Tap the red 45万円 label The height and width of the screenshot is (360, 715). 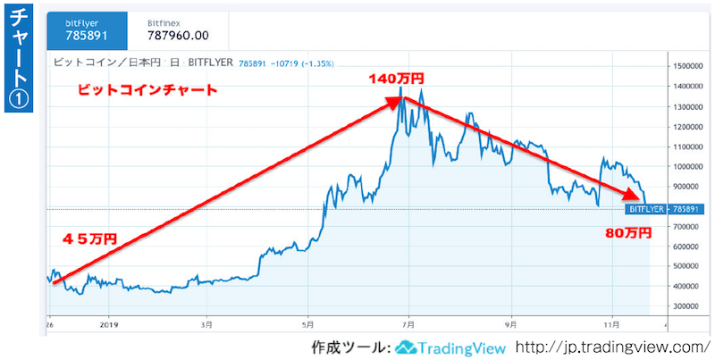(89, 239)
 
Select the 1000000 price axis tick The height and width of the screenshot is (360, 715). (694, 166)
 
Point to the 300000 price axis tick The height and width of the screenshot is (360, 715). (692, 306)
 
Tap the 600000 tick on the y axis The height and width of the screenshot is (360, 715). (692, 247)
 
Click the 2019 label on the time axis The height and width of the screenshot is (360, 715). (108, 326)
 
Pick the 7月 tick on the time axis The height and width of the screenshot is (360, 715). (408, 326)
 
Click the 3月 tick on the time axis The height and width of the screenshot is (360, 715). (207, 326)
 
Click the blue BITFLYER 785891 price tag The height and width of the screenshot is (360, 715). (660, 209)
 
